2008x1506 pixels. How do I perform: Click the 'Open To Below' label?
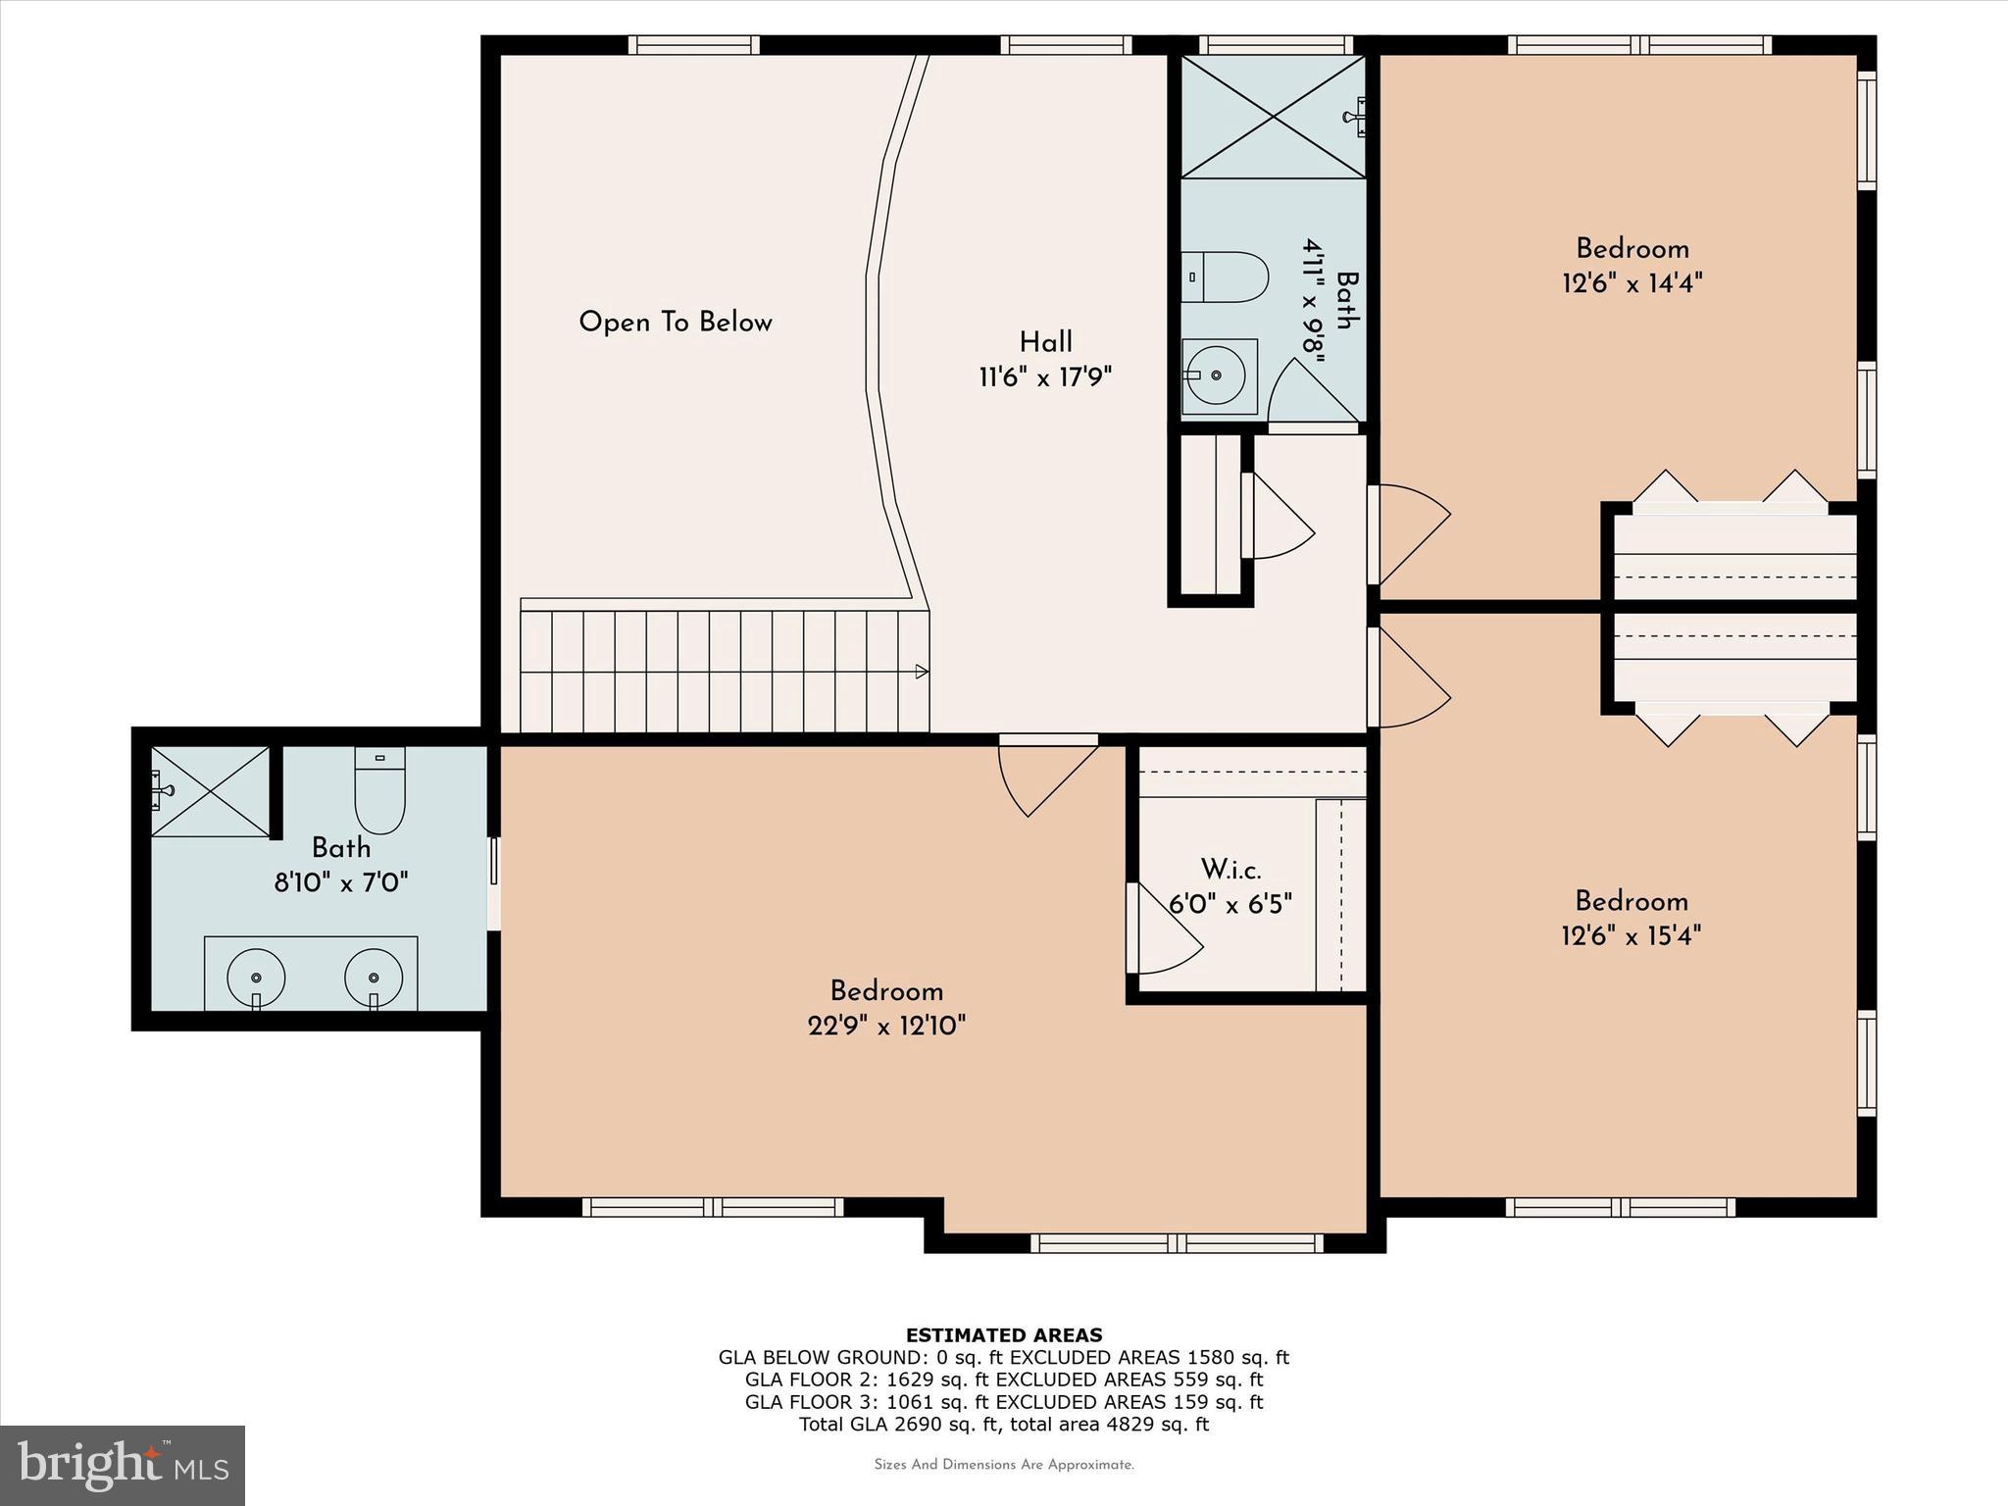(676, 323)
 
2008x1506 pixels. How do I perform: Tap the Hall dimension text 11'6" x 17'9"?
(1045, 377)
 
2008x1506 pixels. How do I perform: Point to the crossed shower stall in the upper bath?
(1273, 117)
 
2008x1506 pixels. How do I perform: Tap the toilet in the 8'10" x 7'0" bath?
(379, 792)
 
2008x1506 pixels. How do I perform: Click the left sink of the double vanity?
(256, 978)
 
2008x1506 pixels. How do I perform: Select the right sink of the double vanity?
(374, 978)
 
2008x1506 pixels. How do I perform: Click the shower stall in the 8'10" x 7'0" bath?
(210, 791)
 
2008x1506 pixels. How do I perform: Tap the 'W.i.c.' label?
(1230, 870)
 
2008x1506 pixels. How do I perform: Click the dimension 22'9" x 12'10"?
(886, 1027)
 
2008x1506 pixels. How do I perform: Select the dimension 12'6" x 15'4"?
(1631, 936)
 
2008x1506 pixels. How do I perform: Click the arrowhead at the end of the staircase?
(921, 672)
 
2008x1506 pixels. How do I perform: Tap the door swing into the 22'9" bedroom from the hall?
(1044, 779)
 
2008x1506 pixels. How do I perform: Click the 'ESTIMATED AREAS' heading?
(1003, 1335)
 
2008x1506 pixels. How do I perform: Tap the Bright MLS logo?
(123, 1466)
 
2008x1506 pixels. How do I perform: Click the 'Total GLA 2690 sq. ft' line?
(1003, 1425)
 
